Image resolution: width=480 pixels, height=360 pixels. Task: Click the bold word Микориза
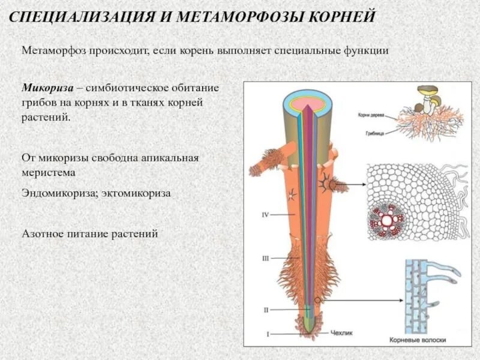[47, 88]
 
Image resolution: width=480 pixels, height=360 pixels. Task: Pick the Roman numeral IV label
[266, 214]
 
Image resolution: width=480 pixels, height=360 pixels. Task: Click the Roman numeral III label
[265, 258]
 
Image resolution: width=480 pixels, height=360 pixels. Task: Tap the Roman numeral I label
[268, 334]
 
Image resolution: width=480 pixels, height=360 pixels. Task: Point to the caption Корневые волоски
[418, 340]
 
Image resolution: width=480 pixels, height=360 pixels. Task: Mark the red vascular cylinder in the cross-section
[388, 221]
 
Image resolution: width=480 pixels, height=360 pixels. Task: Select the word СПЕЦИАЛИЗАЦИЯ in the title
[79, 16]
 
